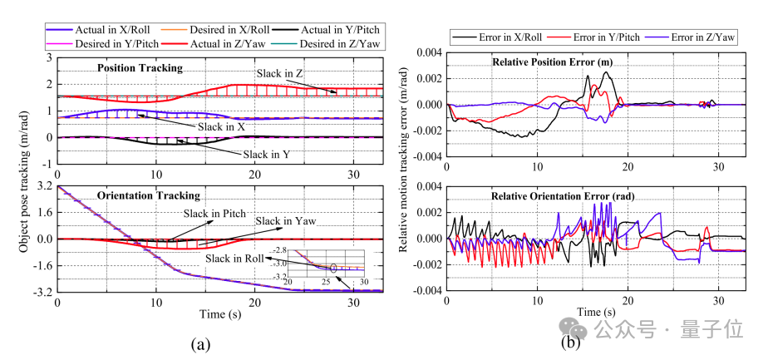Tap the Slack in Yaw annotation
coord(280,221)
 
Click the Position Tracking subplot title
coord(140,67)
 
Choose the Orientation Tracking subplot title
coord(149,196)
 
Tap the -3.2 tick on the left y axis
coord(42,293)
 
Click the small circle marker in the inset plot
coord(333,268)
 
